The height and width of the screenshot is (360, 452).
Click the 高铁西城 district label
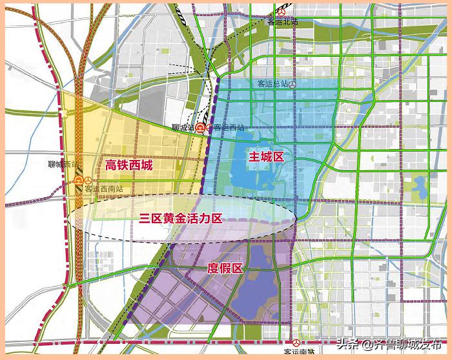tap(129, 166)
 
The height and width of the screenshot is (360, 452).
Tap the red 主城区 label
tap(267, 156)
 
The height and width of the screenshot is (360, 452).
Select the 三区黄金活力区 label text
tap(181, 218)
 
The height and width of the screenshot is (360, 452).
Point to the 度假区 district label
tap(225, 268)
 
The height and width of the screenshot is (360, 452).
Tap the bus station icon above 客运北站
tap(280, 12)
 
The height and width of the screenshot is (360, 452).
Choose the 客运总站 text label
tap(272, 85)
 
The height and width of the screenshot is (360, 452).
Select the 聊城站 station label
tap(183, 128)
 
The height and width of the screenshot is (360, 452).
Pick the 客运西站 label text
tap(230, 128)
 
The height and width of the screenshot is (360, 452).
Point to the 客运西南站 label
tap(104, 189)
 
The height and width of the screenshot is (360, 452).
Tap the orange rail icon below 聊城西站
tap(79, 180)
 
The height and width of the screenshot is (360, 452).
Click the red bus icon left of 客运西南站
tap(78, 190)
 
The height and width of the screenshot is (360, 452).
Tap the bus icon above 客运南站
tap(296, 343)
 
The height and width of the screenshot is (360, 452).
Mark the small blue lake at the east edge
tap(420, 188)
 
